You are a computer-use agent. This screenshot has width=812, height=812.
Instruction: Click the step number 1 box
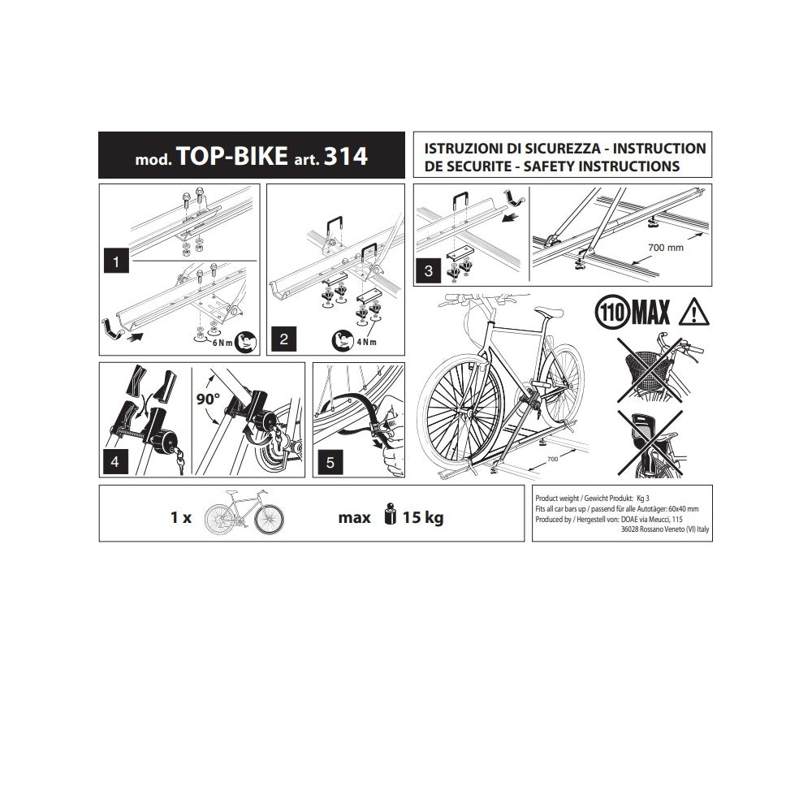[x=116, y=261]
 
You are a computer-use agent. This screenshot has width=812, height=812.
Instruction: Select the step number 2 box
[x=283, y=339]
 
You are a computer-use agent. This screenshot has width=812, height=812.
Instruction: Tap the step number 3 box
[x=428, y=271]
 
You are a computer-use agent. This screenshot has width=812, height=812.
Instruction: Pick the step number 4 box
[x=115, y=461]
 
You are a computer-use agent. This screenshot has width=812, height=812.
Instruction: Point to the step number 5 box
[x=330, y=461]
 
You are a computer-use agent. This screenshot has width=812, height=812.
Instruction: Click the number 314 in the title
[x=345, y=156]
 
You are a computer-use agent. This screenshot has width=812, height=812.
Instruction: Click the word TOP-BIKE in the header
[x=232, y=156]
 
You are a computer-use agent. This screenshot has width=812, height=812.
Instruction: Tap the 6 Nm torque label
[x=222, y=343]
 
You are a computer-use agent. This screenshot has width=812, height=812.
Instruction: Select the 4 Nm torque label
[x=366, y=342]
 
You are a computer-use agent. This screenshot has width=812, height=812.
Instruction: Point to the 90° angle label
[x=208, y=399]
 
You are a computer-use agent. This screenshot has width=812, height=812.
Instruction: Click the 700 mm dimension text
[x=666, y=248]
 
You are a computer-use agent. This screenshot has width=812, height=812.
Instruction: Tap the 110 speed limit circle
[x=612, y=313]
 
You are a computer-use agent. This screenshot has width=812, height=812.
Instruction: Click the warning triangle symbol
[x=693, y=313]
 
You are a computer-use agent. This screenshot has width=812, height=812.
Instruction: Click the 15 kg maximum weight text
[x=423, y=517]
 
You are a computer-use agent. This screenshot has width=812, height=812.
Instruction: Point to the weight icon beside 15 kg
[x=391, y=514]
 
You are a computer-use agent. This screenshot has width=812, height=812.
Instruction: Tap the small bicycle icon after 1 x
[x=244, y=512]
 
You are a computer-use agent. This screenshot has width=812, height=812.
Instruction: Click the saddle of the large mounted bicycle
[x=548, y=312]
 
